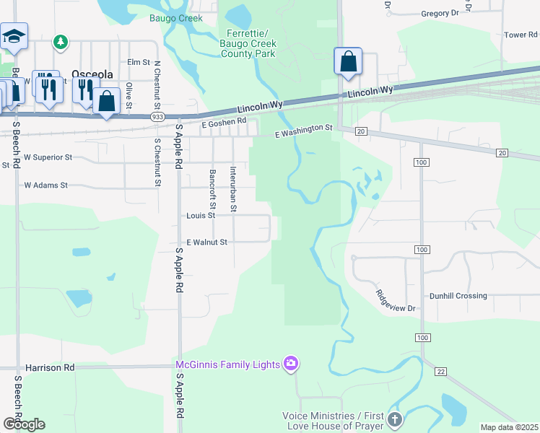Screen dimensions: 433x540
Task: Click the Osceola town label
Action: (x=91, y=73)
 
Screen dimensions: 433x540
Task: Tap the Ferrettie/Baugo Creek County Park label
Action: (x=248, y=43)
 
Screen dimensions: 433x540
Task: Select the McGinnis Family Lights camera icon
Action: (x=291, y=363)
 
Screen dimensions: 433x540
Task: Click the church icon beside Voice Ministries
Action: (x=394, y=419)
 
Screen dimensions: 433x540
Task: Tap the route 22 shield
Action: (x=440, y=371)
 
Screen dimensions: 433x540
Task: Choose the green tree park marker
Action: (x=61, y=43)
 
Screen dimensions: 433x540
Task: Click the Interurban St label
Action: (x=232, y=189)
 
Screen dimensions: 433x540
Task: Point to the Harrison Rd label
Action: (x=50, y=367)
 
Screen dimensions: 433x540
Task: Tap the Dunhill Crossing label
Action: (x=458, y=296)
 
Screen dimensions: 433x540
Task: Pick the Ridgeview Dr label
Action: (x=396, y=300)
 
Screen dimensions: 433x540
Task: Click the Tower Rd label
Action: (x=521, y=35)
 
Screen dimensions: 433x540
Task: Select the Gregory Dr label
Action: (x=440, y=13)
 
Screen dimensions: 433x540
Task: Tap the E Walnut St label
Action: (x=207, y=242)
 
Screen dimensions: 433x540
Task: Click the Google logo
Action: (x=24, y=424)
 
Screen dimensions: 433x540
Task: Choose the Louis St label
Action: (x=201, y=215)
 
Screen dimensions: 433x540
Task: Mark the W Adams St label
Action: (x=45, y=185)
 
